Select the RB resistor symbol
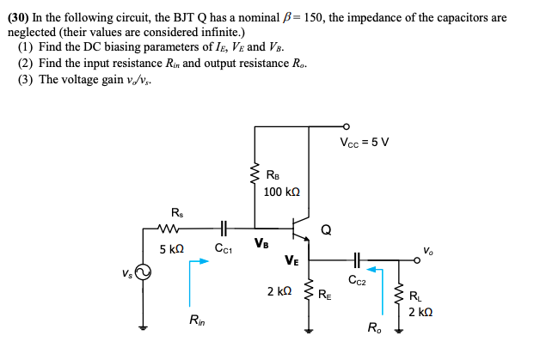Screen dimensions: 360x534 click(x=255, y=179)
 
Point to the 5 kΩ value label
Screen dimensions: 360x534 click(x=172, y=249)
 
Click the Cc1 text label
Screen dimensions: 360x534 click(x=224, y=249)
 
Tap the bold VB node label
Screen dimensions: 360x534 click(x=262, y=243)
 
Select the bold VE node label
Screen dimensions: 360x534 click(x=292, y=259)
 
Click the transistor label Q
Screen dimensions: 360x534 click(x=325, y=229)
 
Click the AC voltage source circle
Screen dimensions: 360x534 click(x=144, y=272)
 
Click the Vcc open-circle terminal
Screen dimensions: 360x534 click(x=347, y=126)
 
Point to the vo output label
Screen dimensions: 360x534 click(x=428, y=250)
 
